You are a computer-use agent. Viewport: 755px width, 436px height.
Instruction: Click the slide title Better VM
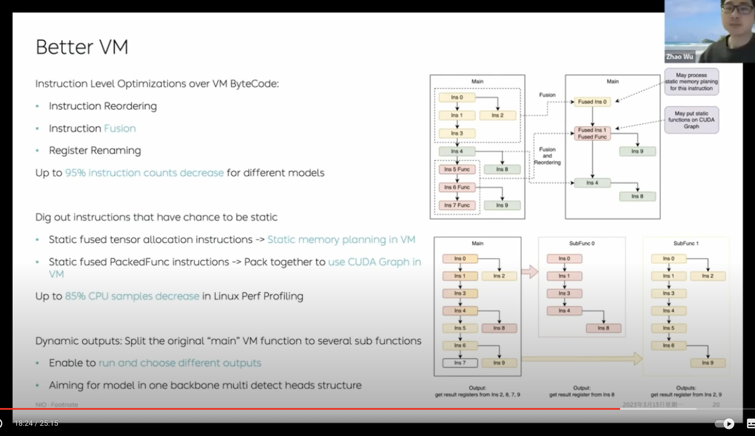(82, 47)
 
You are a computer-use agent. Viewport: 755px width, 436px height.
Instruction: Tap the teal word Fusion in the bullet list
(119, 128)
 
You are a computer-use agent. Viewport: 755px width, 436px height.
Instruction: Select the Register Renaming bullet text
(95, 150)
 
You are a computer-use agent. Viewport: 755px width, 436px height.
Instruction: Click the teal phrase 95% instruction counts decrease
(144, 173)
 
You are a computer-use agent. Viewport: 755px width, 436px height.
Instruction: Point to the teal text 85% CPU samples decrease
(132, 296)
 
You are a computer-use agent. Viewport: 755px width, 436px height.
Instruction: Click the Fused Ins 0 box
(592, 102)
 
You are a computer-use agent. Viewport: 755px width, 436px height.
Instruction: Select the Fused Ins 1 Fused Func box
(592, 134)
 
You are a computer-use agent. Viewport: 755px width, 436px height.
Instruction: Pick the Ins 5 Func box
(457, 169)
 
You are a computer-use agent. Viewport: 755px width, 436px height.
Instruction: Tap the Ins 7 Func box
(457, 205)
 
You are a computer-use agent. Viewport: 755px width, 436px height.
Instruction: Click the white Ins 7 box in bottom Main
(460, 363)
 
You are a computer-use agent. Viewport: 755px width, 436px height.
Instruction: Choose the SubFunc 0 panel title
(582, 243)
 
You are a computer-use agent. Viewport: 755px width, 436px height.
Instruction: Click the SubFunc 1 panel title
(686, 243)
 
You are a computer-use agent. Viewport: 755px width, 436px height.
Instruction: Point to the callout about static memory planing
(691, 82)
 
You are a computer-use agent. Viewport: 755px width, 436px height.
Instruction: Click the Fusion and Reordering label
(547, 156)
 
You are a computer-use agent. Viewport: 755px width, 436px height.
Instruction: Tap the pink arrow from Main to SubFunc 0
(530, 272)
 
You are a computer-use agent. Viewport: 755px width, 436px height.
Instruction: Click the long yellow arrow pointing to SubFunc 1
(581, 358)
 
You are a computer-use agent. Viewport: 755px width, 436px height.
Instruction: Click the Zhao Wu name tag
(679, 57)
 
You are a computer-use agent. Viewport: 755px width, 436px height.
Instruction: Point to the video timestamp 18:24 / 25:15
(36, 423)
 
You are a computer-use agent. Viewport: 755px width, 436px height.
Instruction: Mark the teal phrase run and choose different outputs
(180, 363)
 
